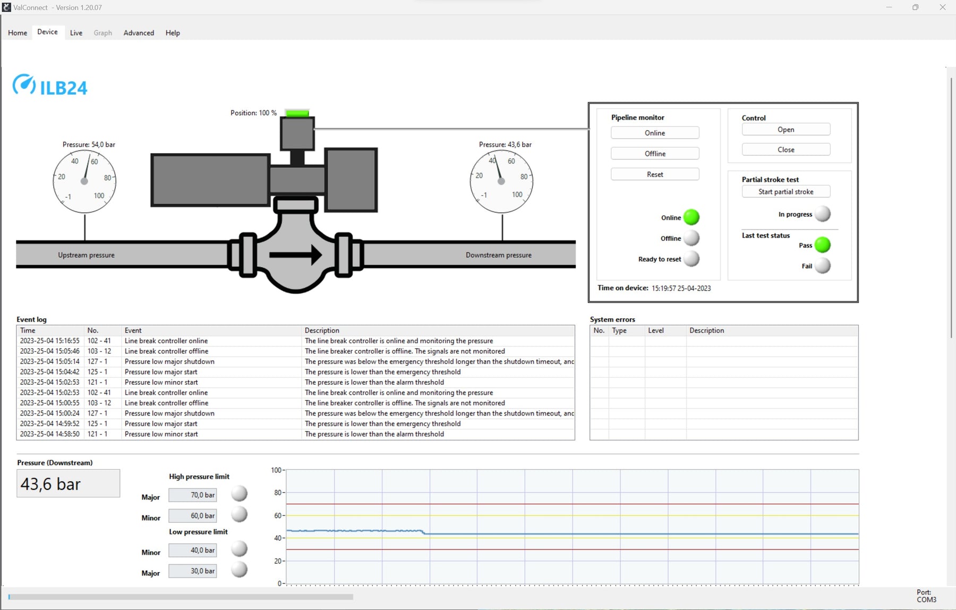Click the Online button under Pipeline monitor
coord(654,133)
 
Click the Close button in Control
coord(786,150)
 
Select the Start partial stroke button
coord(786,192)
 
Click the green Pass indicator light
coord(822,245)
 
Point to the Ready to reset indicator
coord(691,259)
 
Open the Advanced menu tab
coord(139,33)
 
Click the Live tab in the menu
coord(76,33)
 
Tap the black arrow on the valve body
coord(295,255)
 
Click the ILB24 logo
coord(50,86)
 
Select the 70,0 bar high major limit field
coord(193,495)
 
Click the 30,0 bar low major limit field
coord(193,571)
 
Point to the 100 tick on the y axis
coord(276,470)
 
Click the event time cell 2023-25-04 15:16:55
coord(50,341)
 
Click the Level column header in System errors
coord(656,331)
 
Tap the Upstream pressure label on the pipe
coord(86,255)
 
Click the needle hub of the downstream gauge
coord(501,181)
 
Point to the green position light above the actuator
coord(297,113)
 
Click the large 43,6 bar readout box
coord(69,484)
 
